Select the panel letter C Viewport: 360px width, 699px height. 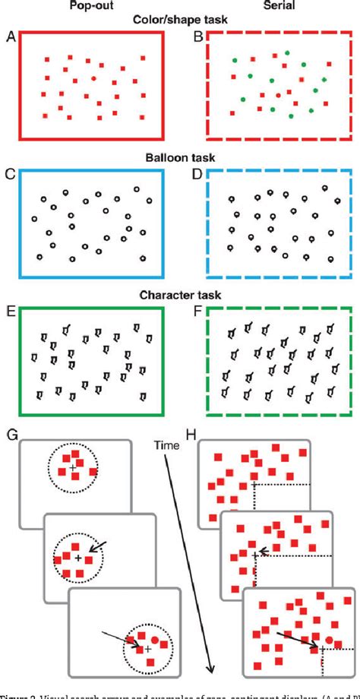[10, 173]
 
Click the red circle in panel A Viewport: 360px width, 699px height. [92, 78]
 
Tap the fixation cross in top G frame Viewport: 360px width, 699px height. [71, 469]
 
